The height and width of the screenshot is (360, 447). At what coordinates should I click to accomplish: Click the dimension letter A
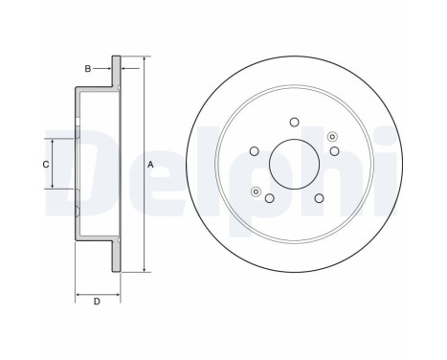(x=150, y=165)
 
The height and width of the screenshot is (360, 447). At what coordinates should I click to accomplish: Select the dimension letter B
(x=87, y=68)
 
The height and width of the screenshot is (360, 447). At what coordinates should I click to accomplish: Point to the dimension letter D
(x=97, y=304)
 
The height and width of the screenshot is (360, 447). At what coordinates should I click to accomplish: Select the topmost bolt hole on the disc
(x=294, y=121)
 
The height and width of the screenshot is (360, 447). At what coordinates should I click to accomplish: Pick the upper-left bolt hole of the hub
(x=255, y=150)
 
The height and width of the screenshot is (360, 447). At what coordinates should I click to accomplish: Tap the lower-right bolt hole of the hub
(x=319, y=199)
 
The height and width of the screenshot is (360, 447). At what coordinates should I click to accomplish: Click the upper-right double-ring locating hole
(x=332, y=136)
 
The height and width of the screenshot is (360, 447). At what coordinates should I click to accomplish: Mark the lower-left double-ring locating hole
(x=256, y=192)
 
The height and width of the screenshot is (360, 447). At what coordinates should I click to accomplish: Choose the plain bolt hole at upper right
(x=334, y=150)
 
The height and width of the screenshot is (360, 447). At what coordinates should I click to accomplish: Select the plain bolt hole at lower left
(x=269, y=199)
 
